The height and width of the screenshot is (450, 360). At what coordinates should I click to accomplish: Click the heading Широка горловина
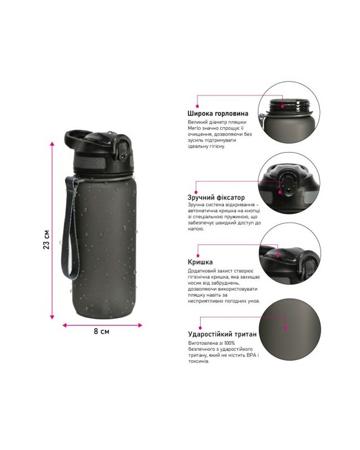pyautogui.click(x=218, y=113)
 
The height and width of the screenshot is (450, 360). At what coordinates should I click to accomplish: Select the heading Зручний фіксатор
pyautogui.click(x=216, y=198)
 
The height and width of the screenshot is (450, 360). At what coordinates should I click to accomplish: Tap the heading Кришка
pyautogui.click(x=201, y=262)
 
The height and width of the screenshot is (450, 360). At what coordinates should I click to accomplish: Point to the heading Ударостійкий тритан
pyautogui.click(x=223, y=334)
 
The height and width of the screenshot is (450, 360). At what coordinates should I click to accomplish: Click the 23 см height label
pyautogui.click(x=46, y=240)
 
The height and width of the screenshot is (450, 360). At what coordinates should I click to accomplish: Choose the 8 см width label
pyautogui.click(x=102, y=331)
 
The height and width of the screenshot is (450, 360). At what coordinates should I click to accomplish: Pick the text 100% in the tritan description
pyautogui.click(x=229, y=343)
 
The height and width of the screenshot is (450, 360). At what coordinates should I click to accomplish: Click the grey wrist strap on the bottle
pyautogui.click(x=69, y=227)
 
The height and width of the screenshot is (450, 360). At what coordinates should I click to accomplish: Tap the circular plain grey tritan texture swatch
pyautogui.click(x=289, y=327)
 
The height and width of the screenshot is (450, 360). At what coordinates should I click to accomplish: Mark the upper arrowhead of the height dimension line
pyautogui.click(x=52, y=144)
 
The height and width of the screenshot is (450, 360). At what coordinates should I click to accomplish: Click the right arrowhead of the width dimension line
pyautogui.click(x=140, y=325)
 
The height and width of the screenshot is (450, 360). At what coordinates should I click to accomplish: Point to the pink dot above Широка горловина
pyautogui.click(x=198, y=106)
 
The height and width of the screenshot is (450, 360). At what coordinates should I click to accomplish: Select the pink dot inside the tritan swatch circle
pyautogui.click(x=285, y=328)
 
